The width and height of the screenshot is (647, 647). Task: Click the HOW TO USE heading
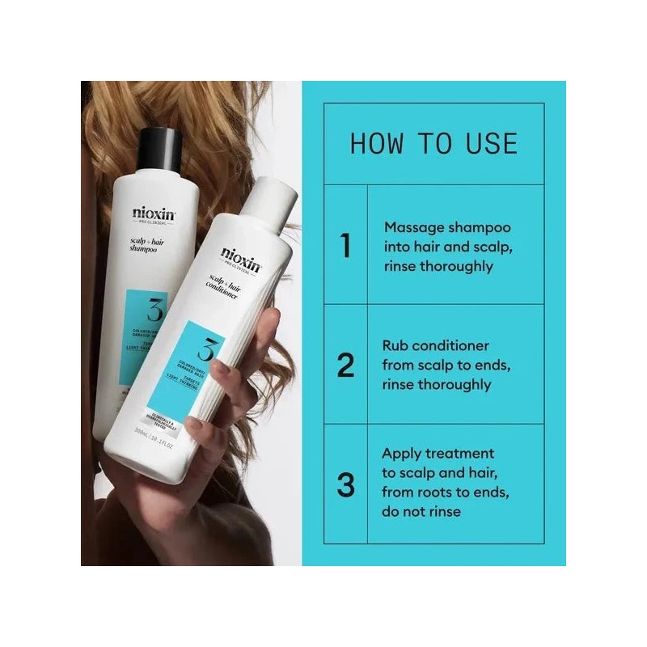tap(433, 143)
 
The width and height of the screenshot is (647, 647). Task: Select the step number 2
tap(345, 366)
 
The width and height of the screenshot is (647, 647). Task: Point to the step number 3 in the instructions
tap(345, 485)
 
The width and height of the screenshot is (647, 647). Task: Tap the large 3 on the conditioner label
tap(204, 350)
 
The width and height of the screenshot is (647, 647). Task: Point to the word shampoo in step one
tap(483, 227)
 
